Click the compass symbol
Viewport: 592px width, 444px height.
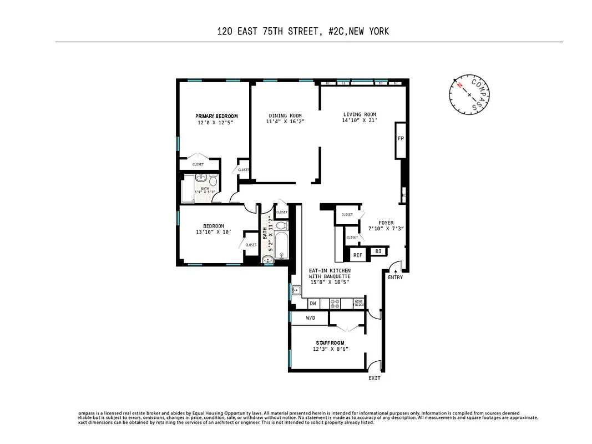469,95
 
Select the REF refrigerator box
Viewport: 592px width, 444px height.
358,255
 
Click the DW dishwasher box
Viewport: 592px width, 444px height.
313,304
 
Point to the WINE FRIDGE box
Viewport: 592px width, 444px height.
359,304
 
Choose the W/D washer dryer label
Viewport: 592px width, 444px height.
310,319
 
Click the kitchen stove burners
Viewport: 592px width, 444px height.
335,304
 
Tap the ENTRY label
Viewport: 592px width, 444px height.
395,277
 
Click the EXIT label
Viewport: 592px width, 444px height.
375,379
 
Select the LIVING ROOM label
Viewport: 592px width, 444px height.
360,115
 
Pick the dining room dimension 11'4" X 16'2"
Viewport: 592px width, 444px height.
285,122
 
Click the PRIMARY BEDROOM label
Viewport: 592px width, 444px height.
216,116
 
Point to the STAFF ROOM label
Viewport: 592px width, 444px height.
330,343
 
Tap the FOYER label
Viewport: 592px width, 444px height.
386,223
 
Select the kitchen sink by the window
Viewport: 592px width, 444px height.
296,290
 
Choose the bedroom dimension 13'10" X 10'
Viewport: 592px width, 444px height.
213,233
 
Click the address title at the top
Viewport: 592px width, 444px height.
303,31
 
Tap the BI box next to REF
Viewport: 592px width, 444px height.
378,251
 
